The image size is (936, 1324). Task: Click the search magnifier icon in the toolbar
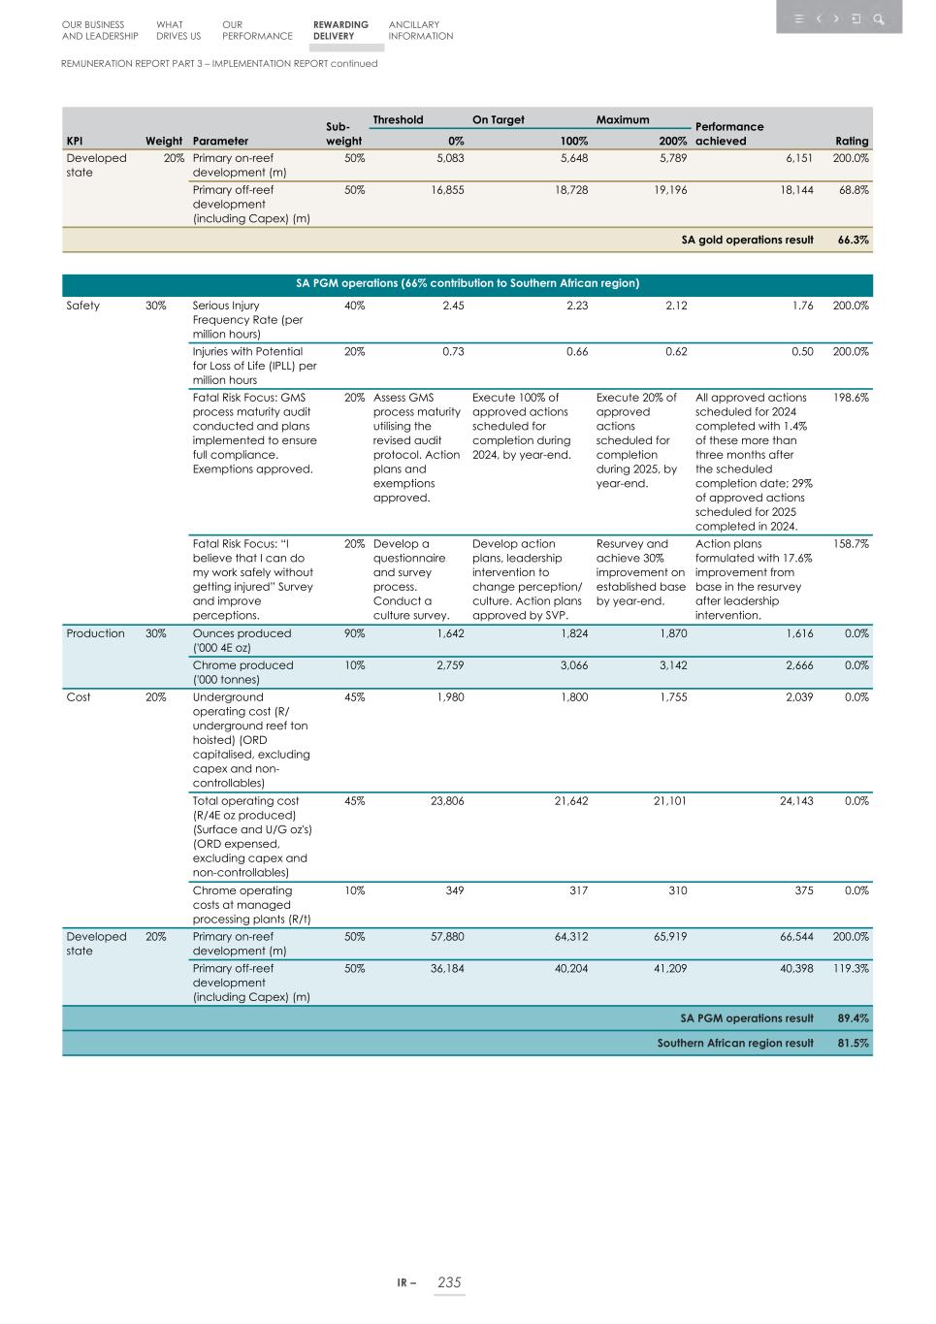click(x=878, y=18)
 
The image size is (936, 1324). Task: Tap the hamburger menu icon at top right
click(x=798, y=18)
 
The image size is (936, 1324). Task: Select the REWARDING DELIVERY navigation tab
click(x=340, y=30)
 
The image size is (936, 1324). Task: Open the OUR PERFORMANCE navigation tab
click(x=256, y=30)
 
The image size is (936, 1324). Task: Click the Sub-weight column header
click(x=343, y=134)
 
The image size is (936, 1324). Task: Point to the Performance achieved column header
click(x=729, y=134)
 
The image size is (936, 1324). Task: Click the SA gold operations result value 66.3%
click(x=853, y=240)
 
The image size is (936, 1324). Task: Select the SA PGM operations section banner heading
click(x=467, y=284)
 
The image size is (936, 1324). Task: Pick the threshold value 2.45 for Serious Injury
click(x=453, y=306)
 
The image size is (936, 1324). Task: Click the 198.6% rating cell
click(x=851, y=398)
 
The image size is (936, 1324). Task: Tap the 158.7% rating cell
click(x=851, y=544)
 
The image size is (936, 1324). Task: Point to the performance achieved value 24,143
click(x=796, y=801)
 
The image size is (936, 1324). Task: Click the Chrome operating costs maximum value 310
click(x=677, y=890)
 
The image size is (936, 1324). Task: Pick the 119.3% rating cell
click(x=851, y=968)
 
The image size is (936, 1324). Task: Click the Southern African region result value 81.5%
click(x=853, y=1043)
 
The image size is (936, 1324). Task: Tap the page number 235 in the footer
click(x=449, y=1282)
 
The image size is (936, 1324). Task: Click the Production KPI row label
click(x=95, y=633)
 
